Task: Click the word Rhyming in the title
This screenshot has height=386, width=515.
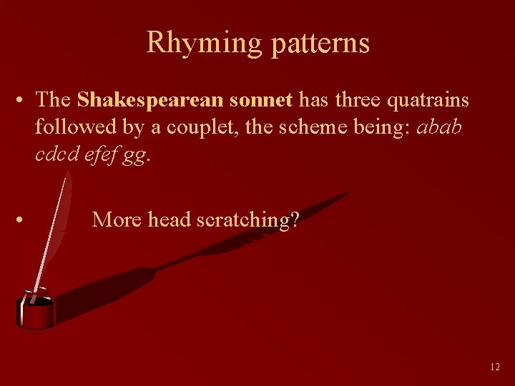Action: pos(205,43)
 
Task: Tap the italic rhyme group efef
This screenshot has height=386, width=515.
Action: pos(98,154)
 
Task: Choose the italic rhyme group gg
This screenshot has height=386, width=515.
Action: pos(134,157)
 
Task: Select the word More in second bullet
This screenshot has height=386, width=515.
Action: pos(117,219)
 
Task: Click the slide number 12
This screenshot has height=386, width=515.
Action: pos(495,367)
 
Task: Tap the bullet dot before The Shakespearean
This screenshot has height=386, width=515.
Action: pos(24,99)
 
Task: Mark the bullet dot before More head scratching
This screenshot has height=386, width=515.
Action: pos(24,219)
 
